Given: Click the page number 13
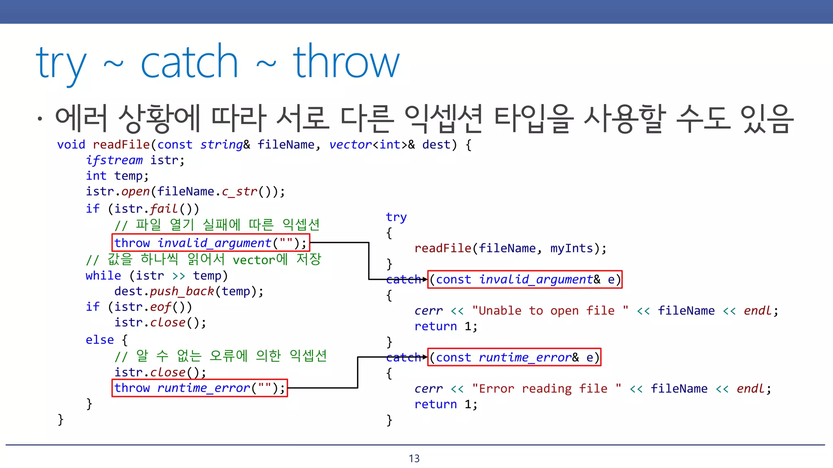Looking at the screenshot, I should pyautogui.click(x=414, y=459).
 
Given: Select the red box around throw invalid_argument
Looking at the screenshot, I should pyautogui.click(x=211, y=243).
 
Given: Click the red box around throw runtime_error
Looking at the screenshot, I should pyautogui.click(x=200, y=388).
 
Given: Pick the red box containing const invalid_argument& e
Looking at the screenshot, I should pyautogui.click(x=525, y=279).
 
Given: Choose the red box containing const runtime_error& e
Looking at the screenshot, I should pyautogui.click(x=514, y=357).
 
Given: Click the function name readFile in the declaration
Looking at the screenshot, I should pyautogui.click(x=121, y=145).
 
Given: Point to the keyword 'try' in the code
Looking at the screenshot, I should pyautogui.click(x=396, y=217).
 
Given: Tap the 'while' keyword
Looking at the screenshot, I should pyautogui.click(x=103, y=276).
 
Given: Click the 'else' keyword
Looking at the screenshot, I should pyautogui.click(x=100, y=340).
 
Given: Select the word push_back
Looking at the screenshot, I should pyautogui.click(x=182, y=291).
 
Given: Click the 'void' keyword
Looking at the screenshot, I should pyautogui.click(x=71, y=145).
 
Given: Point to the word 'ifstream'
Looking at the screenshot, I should pyautogui.click(x=114, y=160).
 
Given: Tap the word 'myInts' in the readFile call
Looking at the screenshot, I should pyautogui.click(x=571, y=248).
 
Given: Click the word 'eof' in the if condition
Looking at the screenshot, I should pyautogui.click(x=161, y=307).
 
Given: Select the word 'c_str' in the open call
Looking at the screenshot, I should pyautogui.click(x=240, y=191).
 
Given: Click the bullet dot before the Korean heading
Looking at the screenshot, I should pyautogui.click(x=39, y=119).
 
